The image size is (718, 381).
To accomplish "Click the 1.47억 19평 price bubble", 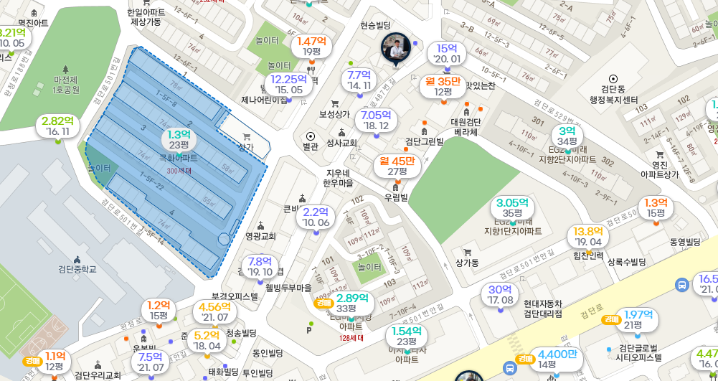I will pos(311,46).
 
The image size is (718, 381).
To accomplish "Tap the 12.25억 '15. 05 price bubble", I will pos(288,84).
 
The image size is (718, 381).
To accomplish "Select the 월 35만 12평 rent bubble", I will pos(443,86).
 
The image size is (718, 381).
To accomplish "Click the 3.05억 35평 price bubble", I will pos(512,208).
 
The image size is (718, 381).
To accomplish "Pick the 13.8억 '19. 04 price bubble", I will pos(587,236).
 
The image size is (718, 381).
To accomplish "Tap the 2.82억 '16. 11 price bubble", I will pos(57,126).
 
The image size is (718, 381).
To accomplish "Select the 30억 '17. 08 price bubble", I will pos(499,294).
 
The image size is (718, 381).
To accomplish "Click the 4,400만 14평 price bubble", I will pos(557,359).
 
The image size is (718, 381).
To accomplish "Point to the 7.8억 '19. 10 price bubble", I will pos(260,266).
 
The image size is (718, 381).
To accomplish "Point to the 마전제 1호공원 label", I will pos(66,85).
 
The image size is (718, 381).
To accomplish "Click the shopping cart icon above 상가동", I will pos(467,252).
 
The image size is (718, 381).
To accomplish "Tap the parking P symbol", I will pos(309,330).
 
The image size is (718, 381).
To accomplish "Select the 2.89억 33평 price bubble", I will pos(352,303).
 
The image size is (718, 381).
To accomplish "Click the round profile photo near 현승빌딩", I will pos(396,47).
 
